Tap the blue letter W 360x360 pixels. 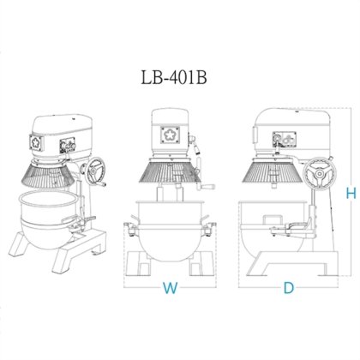[x=171, y=289]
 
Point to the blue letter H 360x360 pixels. [x=350, y=194]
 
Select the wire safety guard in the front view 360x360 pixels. [x=171, y=172]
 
